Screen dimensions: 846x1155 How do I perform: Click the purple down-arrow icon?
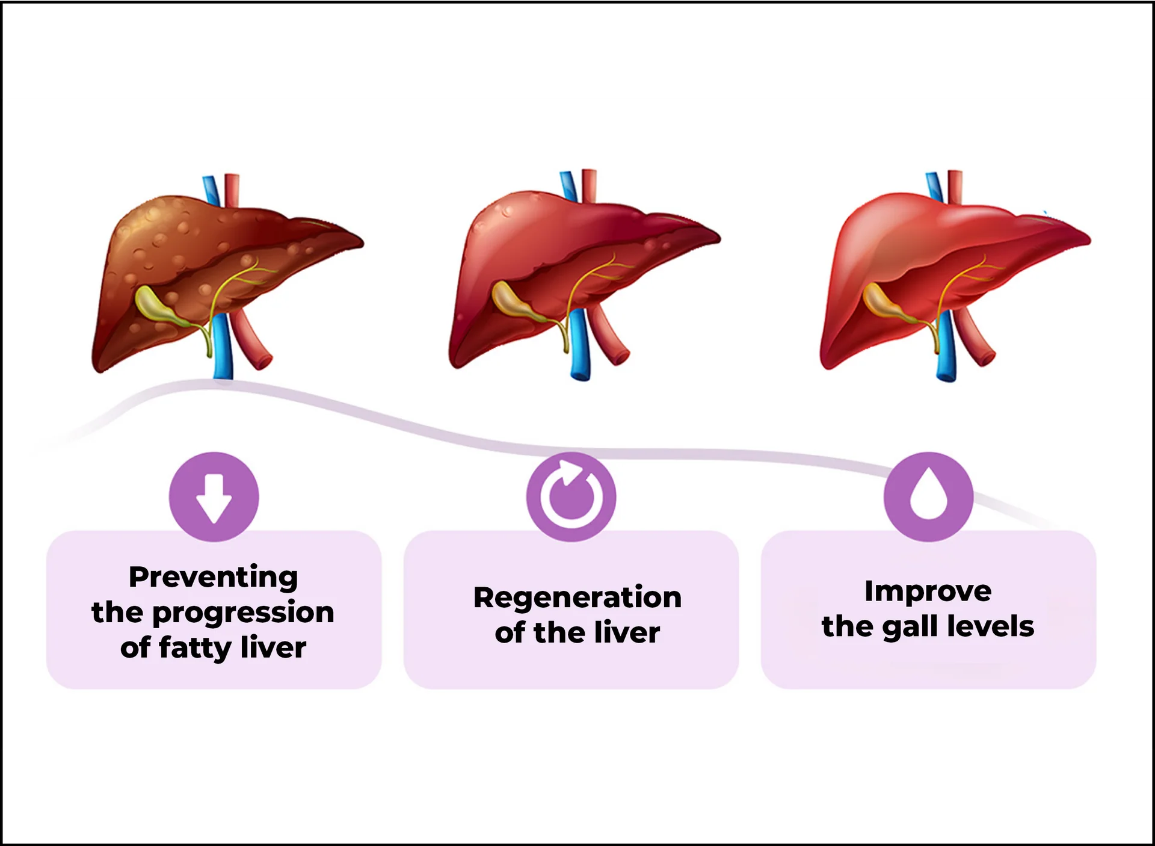[214, 497]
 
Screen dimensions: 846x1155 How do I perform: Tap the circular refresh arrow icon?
[571, 497]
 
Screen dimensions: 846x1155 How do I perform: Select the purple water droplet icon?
[928, 497]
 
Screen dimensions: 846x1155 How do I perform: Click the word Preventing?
[214, 577]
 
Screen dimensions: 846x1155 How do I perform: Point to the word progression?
[243, 613]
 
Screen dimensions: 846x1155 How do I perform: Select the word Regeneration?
[577, 597]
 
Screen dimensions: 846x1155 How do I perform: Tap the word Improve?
[928, 591]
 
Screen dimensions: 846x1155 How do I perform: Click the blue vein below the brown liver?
[223, 349]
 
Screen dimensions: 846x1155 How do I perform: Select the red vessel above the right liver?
[955, 184]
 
